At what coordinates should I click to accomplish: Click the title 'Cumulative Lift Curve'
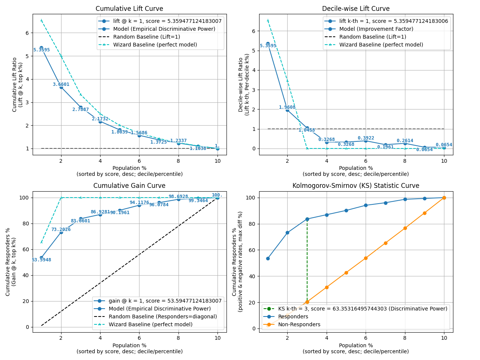coord(129,9)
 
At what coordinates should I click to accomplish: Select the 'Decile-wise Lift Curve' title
coord(355,9)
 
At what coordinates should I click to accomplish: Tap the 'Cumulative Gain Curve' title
coord(129,186)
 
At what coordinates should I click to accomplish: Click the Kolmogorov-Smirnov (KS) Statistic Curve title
coord(355,186)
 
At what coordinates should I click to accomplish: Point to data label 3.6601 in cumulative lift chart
coord(61,84)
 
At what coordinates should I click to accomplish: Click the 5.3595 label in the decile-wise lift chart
coord(268,46)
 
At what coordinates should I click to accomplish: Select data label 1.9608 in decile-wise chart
coord(287,107)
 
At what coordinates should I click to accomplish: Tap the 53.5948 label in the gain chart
coord(41,260)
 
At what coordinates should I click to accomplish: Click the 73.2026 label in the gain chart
coord(61,229)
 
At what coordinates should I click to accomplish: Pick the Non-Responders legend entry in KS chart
coord(299,324)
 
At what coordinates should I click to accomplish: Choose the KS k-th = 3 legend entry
coord(362,309)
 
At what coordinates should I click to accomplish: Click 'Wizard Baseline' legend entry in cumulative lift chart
coord(155,45)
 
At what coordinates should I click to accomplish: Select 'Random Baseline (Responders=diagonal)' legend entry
coord(163,316)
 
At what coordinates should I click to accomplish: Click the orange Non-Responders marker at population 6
coord(366,258)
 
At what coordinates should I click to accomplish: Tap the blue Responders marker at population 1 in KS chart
coord(268,258)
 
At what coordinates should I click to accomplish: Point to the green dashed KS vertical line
coord(307,262)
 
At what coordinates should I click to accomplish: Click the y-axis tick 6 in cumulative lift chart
coord(27,33)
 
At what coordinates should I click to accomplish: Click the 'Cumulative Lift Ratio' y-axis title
coord(15,84)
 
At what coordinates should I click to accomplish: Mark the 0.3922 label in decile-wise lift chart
coord(366,138)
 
